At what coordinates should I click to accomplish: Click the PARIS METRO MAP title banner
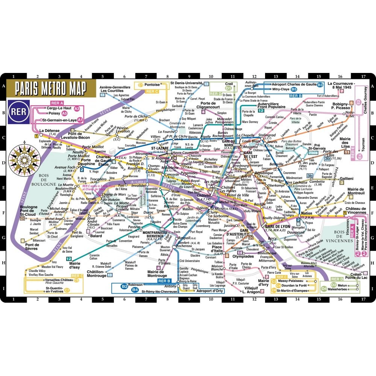click(x=51, y=89)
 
